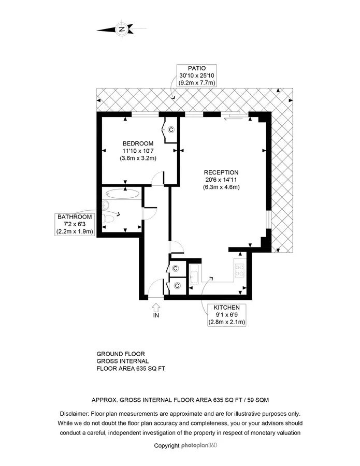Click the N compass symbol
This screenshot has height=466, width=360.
click(122, 29)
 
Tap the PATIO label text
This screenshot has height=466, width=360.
click(196, 68)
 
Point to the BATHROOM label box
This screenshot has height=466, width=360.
click(75, 224)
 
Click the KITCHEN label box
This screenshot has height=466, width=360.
click(226, 315)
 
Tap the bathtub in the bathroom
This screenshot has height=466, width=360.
click(123, 194)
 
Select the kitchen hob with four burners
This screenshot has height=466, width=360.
click(240, 270)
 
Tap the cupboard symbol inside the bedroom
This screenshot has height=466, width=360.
click(171, 129)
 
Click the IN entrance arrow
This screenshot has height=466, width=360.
click(156, 307)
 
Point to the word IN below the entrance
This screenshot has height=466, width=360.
click(156, 315)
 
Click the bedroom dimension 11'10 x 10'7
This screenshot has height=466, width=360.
click(138, 151)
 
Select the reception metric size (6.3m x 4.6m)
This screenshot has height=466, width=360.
click(221, 187)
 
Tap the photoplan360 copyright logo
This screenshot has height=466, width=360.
click(199, 445)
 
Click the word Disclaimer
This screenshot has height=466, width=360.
click(74, 414)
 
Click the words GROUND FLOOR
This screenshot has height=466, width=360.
click(121, 354)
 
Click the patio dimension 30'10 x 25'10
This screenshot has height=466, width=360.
click(196, 76)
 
